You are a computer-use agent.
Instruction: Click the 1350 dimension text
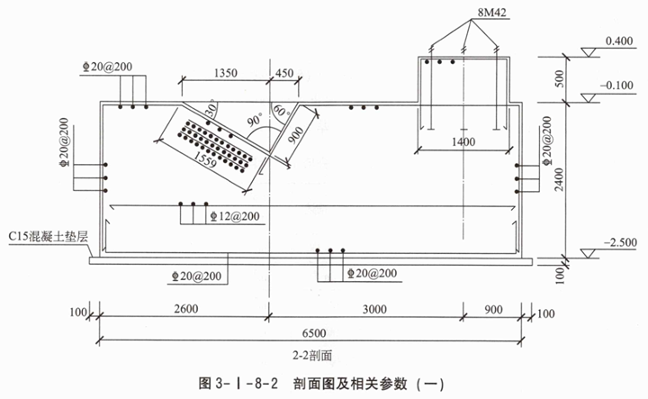(225, 73)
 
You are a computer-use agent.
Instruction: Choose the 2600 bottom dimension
(184, 309)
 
